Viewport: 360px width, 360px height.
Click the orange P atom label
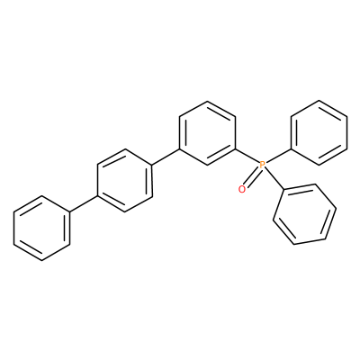point(263,164)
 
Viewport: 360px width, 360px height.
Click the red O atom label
point(242,189)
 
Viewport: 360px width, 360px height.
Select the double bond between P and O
point(252,176)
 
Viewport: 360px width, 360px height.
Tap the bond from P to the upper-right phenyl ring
point(279,156)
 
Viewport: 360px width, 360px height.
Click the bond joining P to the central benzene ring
point(247,156)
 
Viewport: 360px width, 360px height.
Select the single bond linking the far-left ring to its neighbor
point(84,204)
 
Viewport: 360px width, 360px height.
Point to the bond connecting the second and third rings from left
point(166,157)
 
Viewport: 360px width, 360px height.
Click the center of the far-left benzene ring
point(41,228)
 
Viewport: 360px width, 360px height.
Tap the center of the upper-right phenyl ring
point(319,132)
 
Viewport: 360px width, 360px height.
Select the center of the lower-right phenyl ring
point(304,214)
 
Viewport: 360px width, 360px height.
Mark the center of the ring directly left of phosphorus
point(207,132)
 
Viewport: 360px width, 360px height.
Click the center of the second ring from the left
point(124,180)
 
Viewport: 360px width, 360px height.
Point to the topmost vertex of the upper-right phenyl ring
point(319,101)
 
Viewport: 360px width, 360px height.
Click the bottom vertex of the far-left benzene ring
point(41,260)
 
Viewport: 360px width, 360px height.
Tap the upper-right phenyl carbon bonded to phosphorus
point(292,148)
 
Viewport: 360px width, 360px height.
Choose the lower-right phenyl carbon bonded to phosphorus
point(283,189)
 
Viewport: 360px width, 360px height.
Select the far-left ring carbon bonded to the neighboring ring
point(69,212)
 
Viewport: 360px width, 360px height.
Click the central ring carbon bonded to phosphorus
point(236,148)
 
